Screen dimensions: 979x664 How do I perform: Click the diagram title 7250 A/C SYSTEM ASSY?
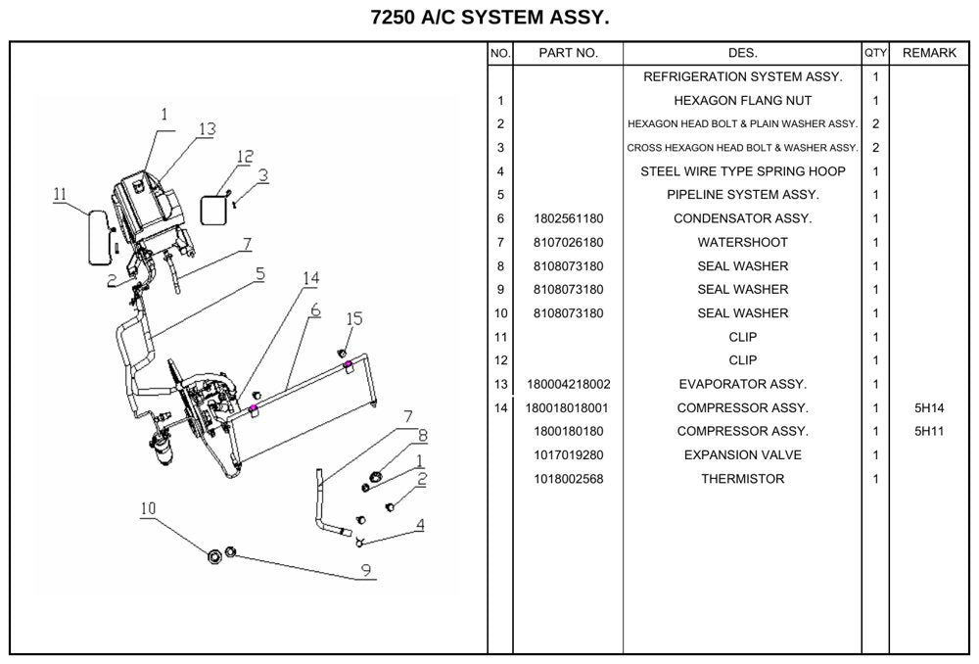point(489,18)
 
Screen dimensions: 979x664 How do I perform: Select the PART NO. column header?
point(568,53)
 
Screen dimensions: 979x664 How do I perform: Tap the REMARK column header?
point(929,53)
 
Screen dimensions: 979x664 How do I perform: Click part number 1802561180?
point(568,218)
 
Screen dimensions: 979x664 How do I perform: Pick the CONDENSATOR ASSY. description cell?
point(742,218)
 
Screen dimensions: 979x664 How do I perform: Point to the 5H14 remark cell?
point(929,407)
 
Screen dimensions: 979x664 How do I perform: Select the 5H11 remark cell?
point(929,431)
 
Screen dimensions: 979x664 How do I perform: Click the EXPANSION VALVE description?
point(742,454)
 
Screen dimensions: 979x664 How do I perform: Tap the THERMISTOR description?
point(742,479)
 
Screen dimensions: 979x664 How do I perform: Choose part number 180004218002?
point(568,384)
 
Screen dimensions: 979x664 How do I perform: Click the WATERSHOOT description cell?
point(742,242)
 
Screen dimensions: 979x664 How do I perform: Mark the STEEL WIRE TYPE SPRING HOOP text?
point(742,171)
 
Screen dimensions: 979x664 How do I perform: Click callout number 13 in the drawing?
point(207,128)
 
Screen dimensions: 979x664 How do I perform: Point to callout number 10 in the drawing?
point(148,508)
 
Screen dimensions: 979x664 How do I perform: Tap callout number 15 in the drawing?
point(354,318)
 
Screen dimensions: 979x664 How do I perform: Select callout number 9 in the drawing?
point(366,570)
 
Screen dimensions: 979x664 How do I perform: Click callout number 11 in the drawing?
point(60,194)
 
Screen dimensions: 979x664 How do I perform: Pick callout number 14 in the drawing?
point(311,278)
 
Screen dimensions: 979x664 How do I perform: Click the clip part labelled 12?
point(212,210)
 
